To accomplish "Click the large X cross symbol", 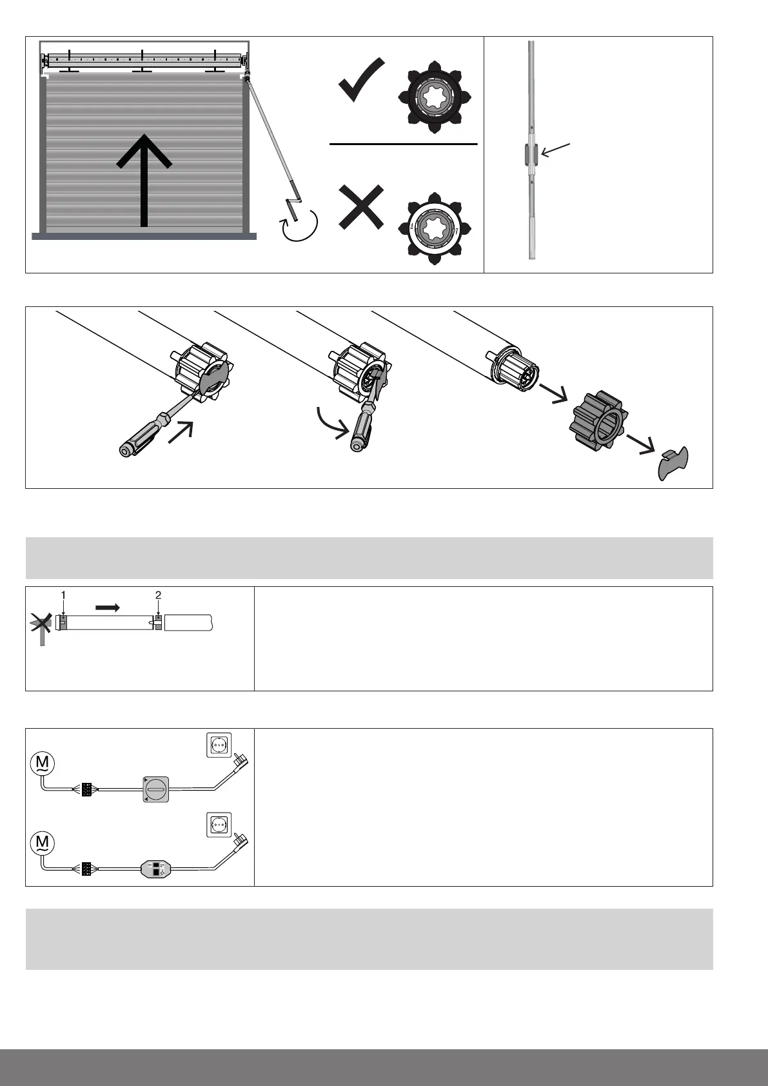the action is (x=361, y=208).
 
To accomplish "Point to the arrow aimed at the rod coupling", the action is (x=556, y=150).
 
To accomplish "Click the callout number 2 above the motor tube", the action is (x=158, y=595).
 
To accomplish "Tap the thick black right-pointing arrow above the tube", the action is (x=107, y=607).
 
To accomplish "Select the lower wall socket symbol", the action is (x=217, y=824).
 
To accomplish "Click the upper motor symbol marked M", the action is (x=43, y=764).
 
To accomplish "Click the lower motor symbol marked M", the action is (x=43, y=843).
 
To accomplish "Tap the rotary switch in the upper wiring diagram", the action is (x=155, y=789).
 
